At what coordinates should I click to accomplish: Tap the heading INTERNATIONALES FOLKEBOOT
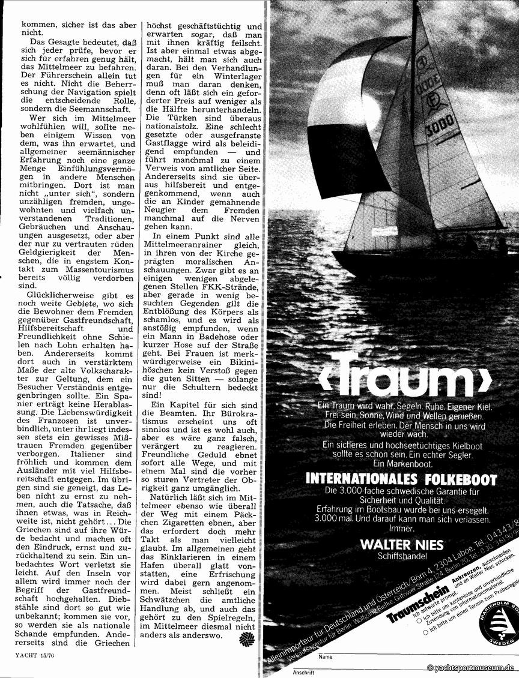(x=401, y=479)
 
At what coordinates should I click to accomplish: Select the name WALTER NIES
(x=402, y=544)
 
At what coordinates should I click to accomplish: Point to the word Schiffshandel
(x=401, y=556)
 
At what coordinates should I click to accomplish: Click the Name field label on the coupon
(x=325, y=657)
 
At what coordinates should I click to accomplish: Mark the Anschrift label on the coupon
(x=304, y=672)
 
